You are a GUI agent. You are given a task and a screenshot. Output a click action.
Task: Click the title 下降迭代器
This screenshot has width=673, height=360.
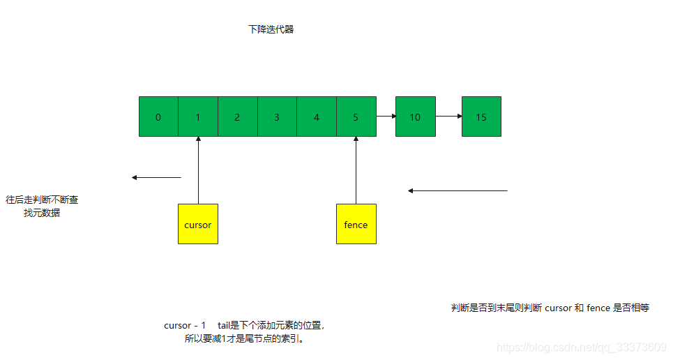pos(271,29)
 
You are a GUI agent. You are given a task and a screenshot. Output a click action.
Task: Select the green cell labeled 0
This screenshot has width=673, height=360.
pos(158,117)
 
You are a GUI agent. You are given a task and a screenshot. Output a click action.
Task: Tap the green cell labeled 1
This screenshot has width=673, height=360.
pos(198,117)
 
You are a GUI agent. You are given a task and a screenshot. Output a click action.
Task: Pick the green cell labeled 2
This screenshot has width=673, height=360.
pos(238,117)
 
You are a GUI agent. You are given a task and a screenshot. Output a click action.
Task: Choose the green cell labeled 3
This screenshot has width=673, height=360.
pos(277,117)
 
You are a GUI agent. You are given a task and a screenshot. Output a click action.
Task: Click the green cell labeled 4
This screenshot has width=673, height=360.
pos(317,117)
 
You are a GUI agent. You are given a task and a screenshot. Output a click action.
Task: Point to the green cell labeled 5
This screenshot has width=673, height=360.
pos(356,117)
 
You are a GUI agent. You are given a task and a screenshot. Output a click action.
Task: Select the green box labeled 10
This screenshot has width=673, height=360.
pos(415,117)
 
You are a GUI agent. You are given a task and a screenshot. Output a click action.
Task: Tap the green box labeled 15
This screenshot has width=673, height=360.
pos(481,117)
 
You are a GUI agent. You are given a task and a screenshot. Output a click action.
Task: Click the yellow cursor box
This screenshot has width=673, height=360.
pos(198,224)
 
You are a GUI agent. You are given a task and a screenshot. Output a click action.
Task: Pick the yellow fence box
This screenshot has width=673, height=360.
pos(356,224)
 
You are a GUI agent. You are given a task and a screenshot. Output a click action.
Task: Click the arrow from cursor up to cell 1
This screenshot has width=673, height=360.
pos(198,170)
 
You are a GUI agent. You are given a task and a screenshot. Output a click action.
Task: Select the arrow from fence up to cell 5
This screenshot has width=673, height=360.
pos(356,170)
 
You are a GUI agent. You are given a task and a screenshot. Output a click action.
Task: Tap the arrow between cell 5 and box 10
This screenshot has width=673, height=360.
pos(386,117)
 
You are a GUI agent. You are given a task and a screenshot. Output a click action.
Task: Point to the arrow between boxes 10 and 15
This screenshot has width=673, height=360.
pos(448,117)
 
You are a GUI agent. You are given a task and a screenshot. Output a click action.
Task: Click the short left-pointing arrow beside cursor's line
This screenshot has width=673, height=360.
pos(156,177)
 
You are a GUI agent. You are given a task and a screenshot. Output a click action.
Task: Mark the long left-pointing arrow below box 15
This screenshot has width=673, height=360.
pos(458,190)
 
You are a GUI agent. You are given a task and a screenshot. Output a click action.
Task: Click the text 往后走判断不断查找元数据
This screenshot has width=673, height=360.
pos(42,206)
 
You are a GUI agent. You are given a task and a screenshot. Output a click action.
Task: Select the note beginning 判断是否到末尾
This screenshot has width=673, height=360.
pos(550,308)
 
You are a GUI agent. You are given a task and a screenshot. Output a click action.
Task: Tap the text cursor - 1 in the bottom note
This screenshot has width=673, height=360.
pos(185,325)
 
